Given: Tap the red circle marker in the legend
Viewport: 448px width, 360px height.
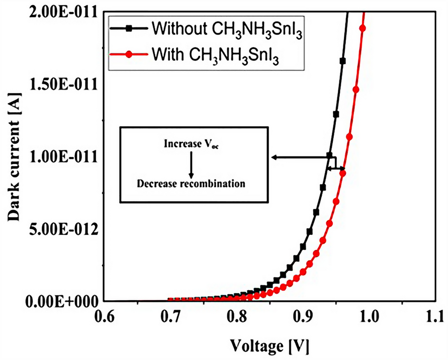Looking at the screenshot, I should pyautogui.click(x=129, y=54).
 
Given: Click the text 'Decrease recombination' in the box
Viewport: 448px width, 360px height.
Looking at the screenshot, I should pyautogui.click(x=191, y=184).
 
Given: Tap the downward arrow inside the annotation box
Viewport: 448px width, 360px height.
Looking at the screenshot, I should pyautogui.click(x=191, y=163).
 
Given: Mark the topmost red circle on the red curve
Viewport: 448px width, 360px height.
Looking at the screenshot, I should pyautogui.click(x=362, y=28).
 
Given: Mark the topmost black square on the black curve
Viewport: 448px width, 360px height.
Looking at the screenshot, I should pyautogui.click(x=343, y=61).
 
